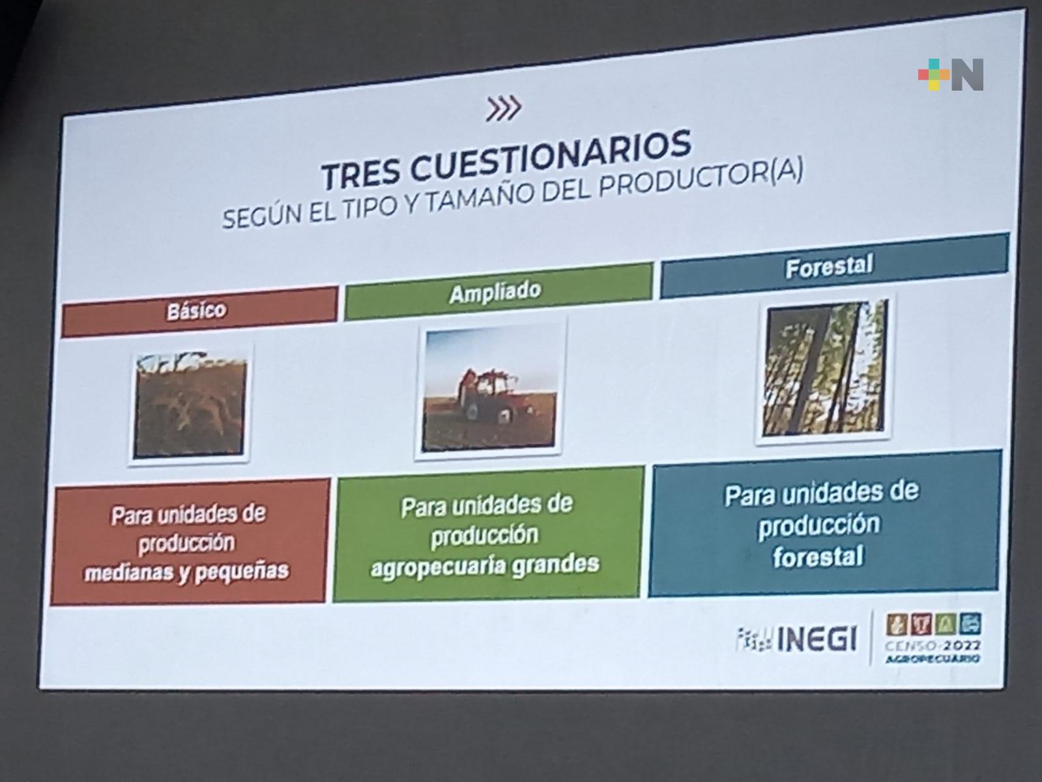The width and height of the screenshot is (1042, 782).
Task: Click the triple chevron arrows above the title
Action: click(503, 109)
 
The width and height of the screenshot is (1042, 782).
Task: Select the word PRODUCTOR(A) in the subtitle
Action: click(701, 179)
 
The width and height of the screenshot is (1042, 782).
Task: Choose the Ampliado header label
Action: click(495, 292)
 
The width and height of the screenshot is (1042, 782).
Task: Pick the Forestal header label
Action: click(829, 266)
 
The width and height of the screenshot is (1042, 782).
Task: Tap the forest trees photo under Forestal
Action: click(824, 368)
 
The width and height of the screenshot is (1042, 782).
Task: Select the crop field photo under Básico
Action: click(190, 405)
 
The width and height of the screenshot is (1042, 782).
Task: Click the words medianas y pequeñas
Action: click(186, 572)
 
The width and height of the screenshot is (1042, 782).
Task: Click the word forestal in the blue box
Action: click(818, 557)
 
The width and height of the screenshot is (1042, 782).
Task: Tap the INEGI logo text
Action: click(817, 639)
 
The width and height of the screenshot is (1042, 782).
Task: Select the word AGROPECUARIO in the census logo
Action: click(933, 659)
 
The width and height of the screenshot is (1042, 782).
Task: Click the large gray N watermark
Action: click(967, 74)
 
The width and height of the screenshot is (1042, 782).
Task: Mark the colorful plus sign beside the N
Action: click(934, 74)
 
